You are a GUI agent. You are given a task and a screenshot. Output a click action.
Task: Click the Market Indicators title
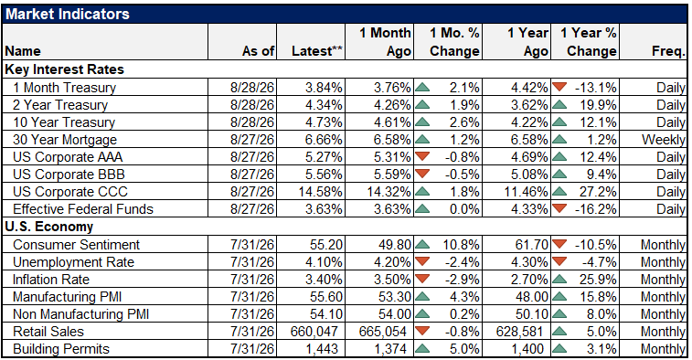68,14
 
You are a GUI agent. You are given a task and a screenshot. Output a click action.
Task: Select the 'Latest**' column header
317,51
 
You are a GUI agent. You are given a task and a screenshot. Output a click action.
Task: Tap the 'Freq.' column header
668,51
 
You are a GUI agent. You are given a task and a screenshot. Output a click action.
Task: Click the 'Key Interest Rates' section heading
64,69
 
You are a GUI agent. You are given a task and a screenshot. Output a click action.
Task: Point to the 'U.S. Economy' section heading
49,227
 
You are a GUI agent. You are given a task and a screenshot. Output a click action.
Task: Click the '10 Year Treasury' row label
64,122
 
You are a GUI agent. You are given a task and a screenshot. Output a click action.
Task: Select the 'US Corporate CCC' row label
70,192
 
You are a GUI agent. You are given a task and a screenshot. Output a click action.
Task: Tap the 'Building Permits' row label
61,349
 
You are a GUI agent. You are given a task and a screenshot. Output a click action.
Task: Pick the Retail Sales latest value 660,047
314,332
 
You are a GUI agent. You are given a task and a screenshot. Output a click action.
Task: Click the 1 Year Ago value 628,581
520,332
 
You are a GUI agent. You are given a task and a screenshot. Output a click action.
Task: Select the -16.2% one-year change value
595,209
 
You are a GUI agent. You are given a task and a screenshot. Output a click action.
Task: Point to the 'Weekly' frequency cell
664,140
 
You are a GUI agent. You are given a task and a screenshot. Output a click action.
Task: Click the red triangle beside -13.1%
559,87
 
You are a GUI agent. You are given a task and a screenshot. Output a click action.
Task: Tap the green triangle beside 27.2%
559,192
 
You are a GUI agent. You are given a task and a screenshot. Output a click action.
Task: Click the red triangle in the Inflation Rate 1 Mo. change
423,279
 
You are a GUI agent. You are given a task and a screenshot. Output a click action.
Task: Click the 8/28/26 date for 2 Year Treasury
252,105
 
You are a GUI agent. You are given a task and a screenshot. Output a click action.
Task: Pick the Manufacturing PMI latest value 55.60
325,297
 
